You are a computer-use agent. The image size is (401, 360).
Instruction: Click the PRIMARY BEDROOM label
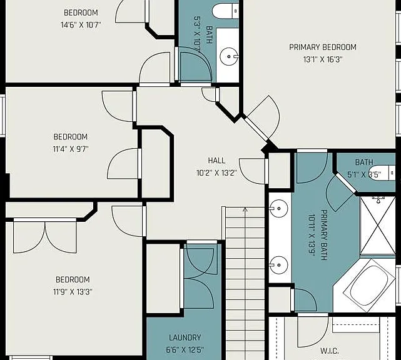point(322,47)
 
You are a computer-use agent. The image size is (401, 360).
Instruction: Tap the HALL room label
point(216,161)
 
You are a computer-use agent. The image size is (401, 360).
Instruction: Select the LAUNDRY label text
point(185,337)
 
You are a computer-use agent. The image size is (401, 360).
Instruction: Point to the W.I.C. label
point(330,351)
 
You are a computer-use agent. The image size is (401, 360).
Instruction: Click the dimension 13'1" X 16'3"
point(323,59)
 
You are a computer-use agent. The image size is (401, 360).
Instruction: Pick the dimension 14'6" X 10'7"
point(81,25)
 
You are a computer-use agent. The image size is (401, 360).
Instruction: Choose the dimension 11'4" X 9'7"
point(71,149)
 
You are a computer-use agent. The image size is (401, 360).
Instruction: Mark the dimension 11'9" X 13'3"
point(73,291)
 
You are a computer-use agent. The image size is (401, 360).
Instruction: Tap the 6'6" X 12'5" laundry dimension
point(185,350)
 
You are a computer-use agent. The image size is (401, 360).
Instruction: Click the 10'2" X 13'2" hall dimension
point(216,173)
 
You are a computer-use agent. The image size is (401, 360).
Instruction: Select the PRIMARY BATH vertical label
point(324,235)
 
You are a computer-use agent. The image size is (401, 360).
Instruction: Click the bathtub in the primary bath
point(369,285)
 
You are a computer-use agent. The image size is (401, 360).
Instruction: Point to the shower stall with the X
point(377,226)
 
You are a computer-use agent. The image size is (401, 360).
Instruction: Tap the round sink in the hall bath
point(228,56)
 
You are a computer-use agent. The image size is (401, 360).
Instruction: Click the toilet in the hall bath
point(226,11)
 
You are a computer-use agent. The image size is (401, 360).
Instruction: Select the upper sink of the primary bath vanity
point(278,209)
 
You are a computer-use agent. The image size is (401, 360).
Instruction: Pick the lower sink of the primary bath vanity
point(278,265)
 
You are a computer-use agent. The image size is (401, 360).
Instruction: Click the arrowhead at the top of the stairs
point(245,209)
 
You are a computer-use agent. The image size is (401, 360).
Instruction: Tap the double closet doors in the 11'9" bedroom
point(45,236)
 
